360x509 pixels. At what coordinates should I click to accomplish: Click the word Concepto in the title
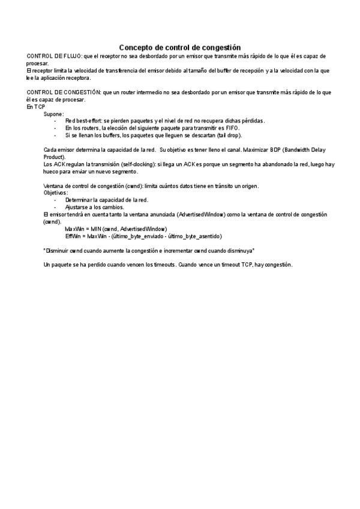click(135, 47)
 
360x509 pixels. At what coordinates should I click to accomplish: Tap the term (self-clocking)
click(136, 164)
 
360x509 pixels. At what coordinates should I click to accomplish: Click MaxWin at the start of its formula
click(73, 229)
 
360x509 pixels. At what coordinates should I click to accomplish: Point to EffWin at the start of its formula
click(73, 236)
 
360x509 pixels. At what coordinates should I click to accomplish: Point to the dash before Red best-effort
click(55, 121)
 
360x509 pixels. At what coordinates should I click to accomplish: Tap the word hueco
click(52, 171)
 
